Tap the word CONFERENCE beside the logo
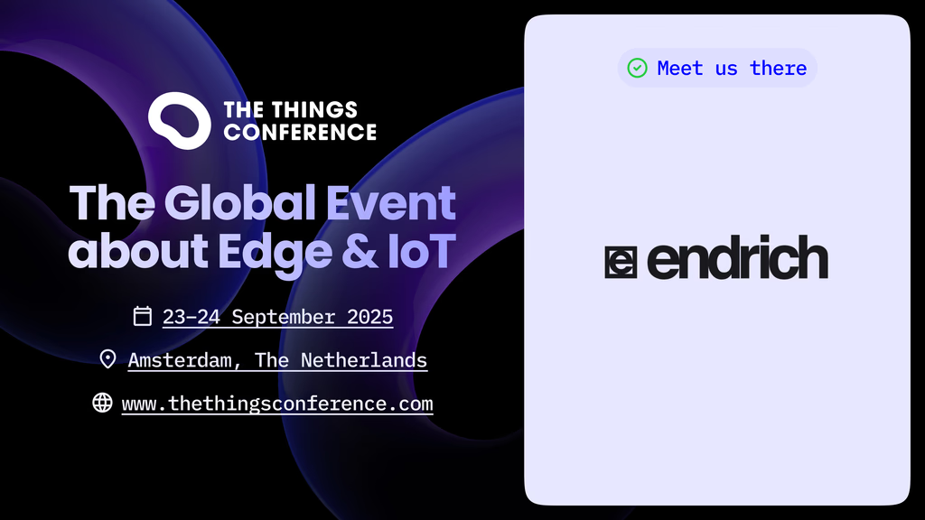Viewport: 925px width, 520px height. coord(300,132)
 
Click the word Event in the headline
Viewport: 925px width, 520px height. coord(390,202)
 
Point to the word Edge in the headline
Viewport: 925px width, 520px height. coord(275,253)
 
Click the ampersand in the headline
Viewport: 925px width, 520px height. coord(360,251)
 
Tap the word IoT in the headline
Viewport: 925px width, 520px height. coord(421,251)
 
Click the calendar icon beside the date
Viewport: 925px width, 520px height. coord(142,316)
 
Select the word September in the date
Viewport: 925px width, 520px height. coord(283,317)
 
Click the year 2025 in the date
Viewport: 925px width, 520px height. coord(369,317)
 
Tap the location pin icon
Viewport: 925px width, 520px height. coord(108,358)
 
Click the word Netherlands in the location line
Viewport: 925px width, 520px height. coord(364,360)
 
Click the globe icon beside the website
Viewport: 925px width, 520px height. coord(102,403)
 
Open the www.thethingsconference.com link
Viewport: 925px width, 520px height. coord(277,404)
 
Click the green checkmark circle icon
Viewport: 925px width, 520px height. coord(637,68)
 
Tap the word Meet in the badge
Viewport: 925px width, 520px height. coord(680,69)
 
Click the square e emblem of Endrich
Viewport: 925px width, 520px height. coord(621,263)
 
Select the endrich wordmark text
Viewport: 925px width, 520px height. coord(737,257)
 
